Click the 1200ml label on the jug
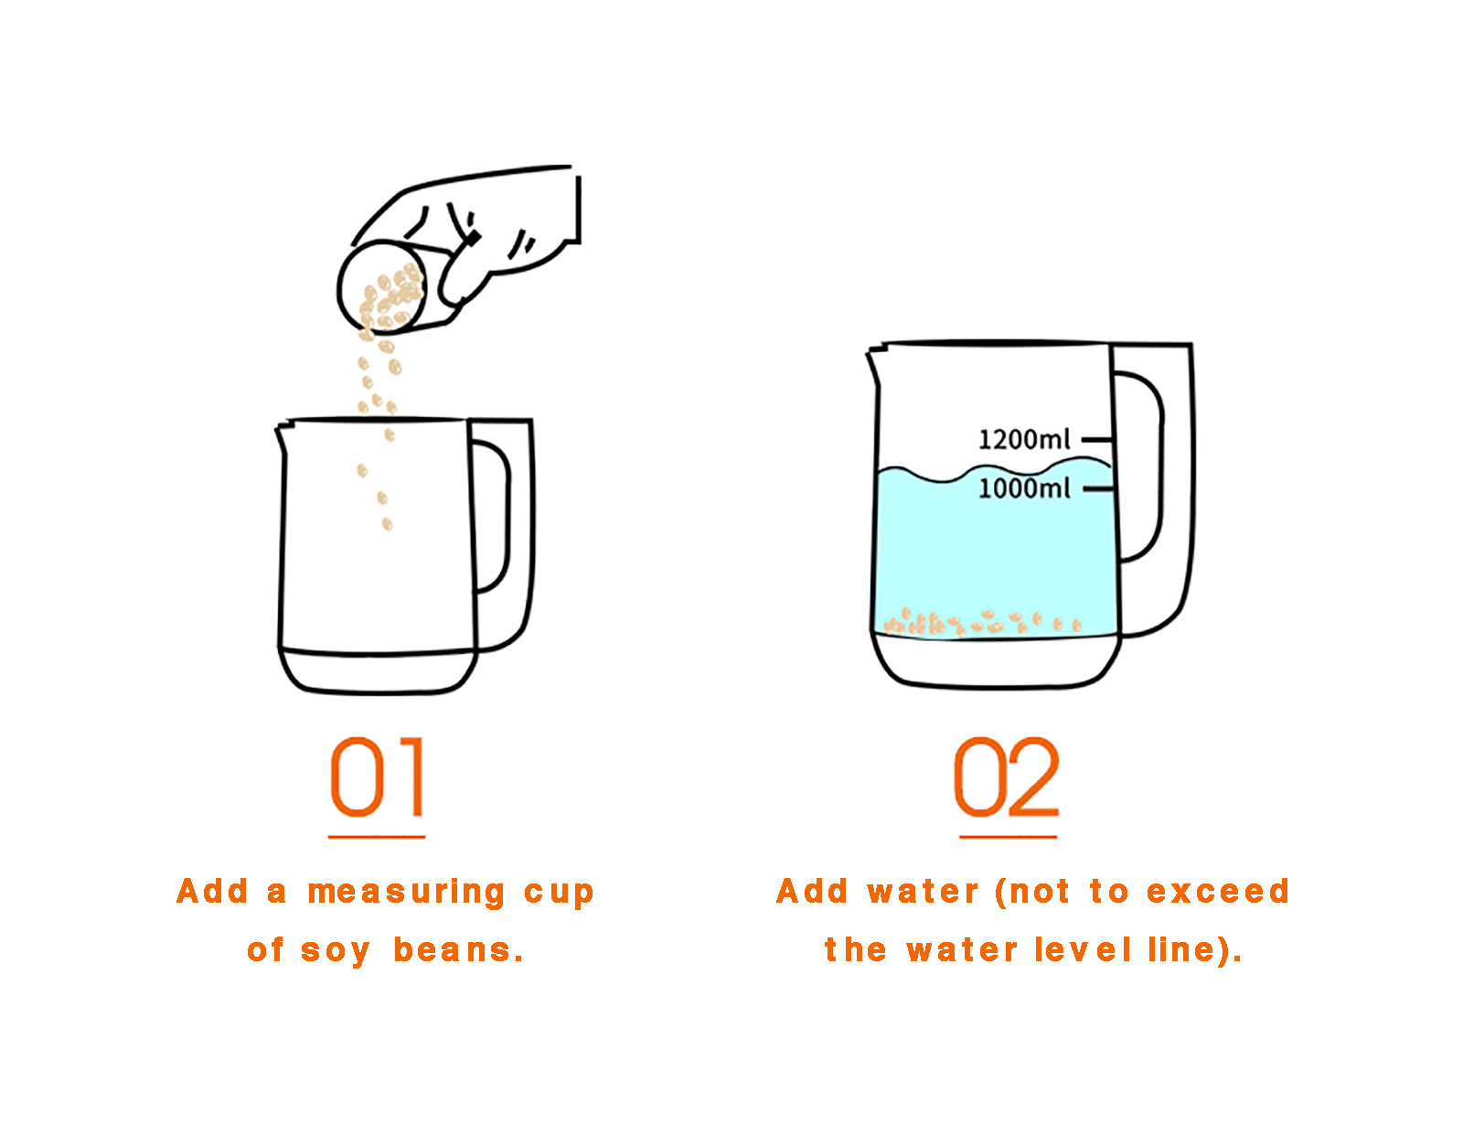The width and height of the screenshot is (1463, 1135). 1022,439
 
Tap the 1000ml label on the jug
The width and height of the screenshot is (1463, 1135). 1023,488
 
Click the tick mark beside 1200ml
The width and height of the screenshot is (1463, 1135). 1096,440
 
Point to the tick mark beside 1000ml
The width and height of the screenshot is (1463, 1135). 1097,488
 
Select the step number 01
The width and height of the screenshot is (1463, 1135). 377,776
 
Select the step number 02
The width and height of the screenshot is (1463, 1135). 1006,776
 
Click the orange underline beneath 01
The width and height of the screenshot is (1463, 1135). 377,837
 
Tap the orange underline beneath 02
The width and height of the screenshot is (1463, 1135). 1008,837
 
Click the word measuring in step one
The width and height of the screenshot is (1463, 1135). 406,893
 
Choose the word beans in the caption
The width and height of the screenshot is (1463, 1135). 457,950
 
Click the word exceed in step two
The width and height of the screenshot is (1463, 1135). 1217,892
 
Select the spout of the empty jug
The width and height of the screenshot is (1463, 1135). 283,438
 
